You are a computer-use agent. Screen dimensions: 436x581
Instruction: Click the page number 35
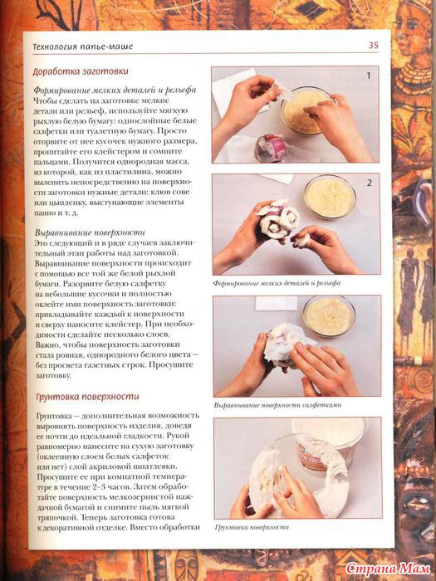[x=374, y=45]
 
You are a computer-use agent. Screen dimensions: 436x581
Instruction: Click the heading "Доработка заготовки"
[x=81, y=71]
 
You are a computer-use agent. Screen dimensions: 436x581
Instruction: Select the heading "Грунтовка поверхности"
[x=87, y=397]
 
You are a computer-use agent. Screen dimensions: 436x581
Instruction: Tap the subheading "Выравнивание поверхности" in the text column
[x=90, y=232]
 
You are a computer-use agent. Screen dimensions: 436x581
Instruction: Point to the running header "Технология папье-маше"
[x=83, y=46]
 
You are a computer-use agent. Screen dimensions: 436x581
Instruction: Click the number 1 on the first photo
[x=369, y=76]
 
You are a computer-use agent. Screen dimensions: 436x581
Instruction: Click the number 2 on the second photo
[x=370, y=183]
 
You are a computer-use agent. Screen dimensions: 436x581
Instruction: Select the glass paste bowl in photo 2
[x=330, y=197]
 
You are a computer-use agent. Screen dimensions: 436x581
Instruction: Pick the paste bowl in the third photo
[x=329, y=315]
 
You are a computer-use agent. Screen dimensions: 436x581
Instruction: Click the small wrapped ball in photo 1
[x=270, y=148]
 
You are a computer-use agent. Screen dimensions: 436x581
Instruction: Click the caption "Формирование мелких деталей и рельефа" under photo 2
[x=277, y=284]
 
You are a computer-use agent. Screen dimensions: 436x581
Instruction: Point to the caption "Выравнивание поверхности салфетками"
[x=277, y=405]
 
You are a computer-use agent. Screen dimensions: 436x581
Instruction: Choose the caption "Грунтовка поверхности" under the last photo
[x=252, y=527]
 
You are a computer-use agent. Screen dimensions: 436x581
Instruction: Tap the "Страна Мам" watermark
[x=388, y=569]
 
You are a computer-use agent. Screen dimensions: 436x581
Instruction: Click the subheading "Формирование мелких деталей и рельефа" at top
[x=115, y=90]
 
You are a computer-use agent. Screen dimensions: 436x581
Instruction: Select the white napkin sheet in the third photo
[x=277, y=304]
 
